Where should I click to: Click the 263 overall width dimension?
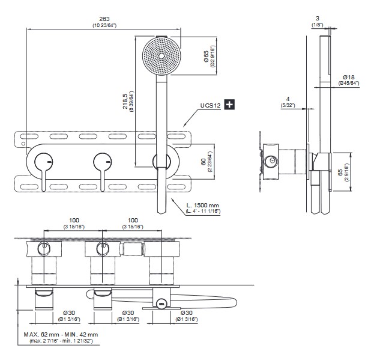pos(104,19)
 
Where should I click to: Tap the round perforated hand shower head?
pos(161,55)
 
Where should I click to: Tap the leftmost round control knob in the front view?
pos(43,161)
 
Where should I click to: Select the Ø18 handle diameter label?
pos(348,77)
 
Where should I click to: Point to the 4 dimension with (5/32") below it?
pos(288,99)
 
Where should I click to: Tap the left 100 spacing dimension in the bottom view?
pos(74,221)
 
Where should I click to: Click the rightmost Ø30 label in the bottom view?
pos(187,313)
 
